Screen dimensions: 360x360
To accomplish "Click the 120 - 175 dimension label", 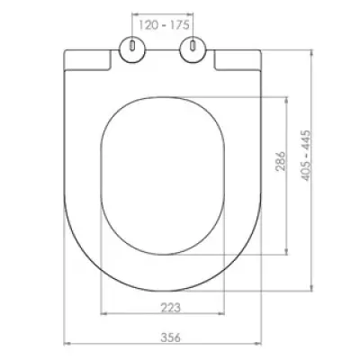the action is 164,24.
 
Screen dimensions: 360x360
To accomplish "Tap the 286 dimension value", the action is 281,161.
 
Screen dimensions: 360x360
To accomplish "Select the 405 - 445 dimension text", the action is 306,156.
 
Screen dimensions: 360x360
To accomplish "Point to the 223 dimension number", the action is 171,307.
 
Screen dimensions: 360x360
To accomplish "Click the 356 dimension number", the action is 171,337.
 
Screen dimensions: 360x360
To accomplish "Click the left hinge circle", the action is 132,50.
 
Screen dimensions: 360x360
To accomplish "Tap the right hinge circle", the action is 193,50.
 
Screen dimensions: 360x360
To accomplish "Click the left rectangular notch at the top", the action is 87,60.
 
